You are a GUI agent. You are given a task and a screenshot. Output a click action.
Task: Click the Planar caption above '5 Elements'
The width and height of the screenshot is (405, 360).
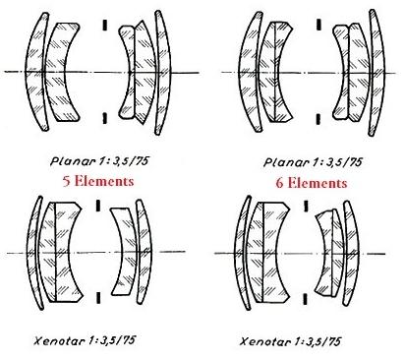point(100,161)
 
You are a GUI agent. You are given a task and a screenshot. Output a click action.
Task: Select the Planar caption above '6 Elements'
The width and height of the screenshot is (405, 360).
point(313,162)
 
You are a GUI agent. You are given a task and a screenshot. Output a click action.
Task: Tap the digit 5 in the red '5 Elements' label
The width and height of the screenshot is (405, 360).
point(67,181)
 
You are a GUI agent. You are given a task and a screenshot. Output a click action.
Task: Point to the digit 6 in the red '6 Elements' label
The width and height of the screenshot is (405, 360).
point(279,183)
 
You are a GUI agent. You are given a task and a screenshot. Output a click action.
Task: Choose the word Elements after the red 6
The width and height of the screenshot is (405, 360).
point(318,183)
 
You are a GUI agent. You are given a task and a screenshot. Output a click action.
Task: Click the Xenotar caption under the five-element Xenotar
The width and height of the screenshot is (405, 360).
point(85,340)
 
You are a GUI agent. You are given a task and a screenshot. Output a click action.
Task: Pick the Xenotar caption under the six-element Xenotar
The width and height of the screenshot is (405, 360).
point(290,341)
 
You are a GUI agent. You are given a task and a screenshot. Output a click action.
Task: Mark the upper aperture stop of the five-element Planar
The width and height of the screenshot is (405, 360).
point(105,26)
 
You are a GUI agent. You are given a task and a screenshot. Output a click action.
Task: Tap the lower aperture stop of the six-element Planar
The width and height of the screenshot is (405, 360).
point(318,119)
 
